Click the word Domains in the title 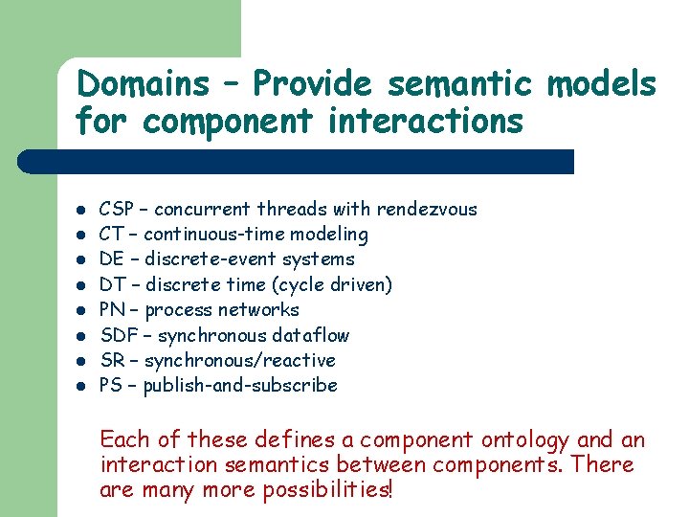pos(143,85)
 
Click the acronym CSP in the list pos(117,209)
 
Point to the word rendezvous pos(427,209)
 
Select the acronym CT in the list pos(112,234)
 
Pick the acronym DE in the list pos(112,259)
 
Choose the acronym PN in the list pos(113,309)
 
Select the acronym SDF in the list pos(118,335)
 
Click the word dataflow pos(312,335)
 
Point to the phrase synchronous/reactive pos(239,360)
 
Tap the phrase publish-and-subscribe pos(239,386)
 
